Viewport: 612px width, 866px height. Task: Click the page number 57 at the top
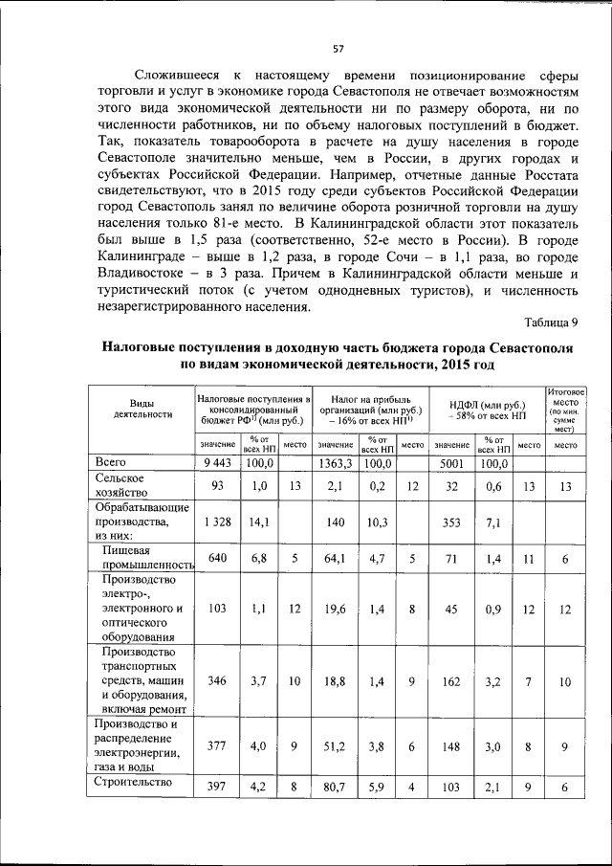point(338,50)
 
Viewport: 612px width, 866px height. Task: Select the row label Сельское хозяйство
point(120,485)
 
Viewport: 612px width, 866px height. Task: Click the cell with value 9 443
point(219,463)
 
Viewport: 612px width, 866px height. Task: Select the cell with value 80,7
point(335,786)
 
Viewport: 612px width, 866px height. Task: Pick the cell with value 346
point(219,681)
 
